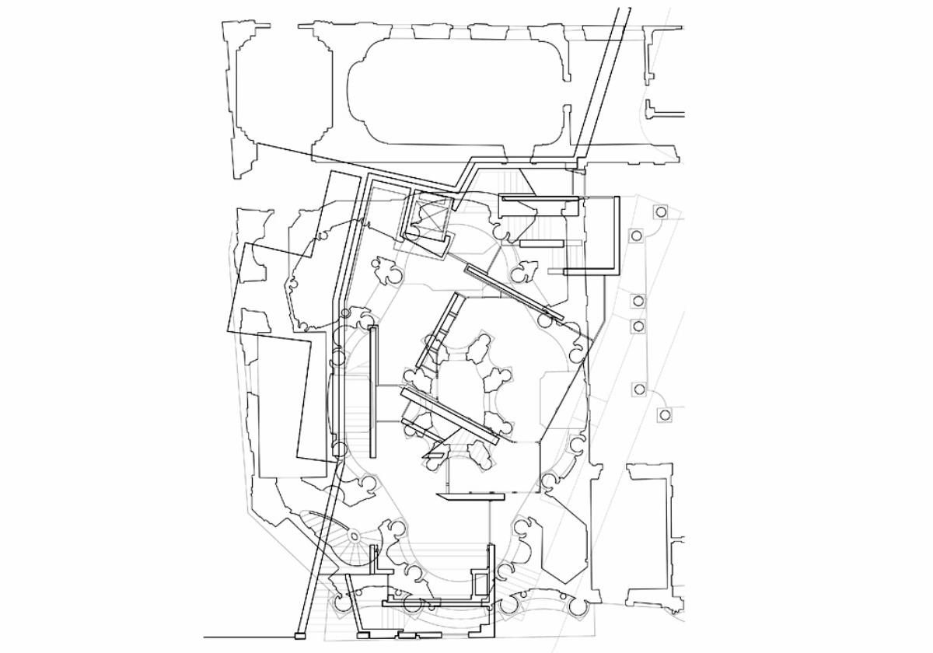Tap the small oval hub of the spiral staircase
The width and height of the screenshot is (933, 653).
(355, 536)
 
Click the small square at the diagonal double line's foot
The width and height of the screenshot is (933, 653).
(299, 637)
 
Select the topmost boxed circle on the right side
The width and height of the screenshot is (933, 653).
(660, 211)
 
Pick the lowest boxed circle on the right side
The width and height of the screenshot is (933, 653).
(664, 415)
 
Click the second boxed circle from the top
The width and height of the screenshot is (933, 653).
(636, 236)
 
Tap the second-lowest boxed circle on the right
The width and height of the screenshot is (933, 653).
(639, 389)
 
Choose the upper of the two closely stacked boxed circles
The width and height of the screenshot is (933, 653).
(638, 301)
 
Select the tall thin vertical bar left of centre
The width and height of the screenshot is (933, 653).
(374, 392)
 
